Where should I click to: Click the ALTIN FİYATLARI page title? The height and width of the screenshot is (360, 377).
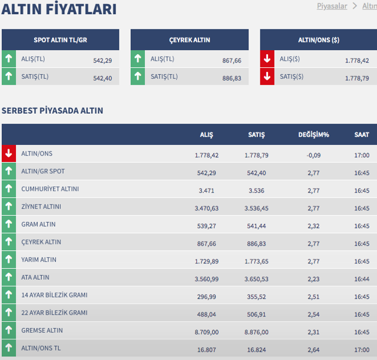tap(59, 9)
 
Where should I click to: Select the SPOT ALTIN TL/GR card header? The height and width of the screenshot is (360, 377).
tap(60, 40)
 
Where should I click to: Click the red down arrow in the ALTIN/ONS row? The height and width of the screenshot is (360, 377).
tap(8, 154)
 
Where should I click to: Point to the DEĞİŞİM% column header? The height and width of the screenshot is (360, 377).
tap(313, 135)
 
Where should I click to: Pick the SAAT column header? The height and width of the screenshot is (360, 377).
tap(362, 135)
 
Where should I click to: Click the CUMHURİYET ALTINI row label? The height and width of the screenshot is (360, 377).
tap(50, 189)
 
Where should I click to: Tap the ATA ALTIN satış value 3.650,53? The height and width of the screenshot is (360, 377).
tap(256, 279)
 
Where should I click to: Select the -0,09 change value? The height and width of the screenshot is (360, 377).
tap(313, 155)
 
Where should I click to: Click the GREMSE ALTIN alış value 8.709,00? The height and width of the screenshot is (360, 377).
tap(207, 332)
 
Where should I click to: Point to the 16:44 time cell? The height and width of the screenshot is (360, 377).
tap(362, 279)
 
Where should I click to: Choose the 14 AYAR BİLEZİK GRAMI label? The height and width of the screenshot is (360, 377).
tap(54, 295)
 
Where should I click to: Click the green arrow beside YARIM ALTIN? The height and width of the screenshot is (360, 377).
tap(8, 260)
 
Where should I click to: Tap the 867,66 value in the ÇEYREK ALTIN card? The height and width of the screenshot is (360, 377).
tap(232, 60)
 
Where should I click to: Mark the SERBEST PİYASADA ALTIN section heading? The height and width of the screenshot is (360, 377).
tap(52, 110)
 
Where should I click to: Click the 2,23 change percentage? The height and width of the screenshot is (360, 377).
tap(313, 279)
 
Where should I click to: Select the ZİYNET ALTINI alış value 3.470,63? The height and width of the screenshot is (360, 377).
tap(207, 208)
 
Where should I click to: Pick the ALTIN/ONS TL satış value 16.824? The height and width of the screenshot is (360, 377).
tap(256, 349)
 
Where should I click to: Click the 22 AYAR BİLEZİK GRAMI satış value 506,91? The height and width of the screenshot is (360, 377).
tap(256, 314)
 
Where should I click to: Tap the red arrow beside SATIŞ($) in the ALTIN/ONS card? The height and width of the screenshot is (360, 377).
tap(267, 77)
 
